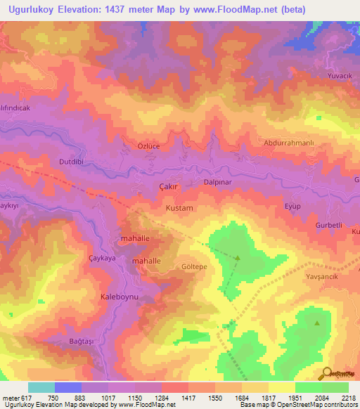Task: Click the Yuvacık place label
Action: coord(338,76)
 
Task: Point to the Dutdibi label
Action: coord(72,161)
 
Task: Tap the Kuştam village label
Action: coord(178,209)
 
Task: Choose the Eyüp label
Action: coord(292,206)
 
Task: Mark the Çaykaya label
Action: coord(102,258)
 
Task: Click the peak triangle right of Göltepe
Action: coord(237,258)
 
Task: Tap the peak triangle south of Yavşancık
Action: coord(317,323)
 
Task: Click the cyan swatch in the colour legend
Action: coord(41,387)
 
